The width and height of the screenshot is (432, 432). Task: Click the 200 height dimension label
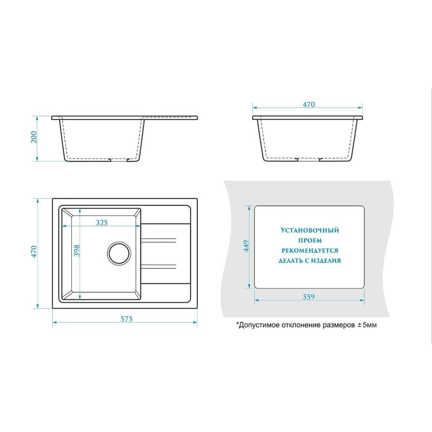click(34, 137)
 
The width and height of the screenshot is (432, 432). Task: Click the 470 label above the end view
click(308, 105)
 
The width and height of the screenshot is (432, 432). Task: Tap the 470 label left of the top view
click(34, 251)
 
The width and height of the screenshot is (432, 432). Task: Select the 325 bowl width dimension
click(102, 222)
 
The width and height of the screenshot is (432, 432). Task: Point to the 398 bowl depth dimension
click(76, 251)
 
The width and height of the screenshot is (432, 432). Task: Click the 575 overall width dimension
click(127, 319)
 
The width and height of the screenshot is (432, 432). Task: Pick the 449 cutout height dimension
click(246, 246)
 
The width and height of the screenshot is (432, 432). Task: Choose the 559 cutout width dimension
click(308, 297)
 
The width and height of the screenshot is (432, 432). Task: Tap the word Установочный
click(310, 230)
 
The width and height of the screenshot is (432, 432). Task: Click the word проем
click(310, 241)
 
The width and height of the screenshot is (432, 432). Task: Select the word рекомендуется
click(310, 251)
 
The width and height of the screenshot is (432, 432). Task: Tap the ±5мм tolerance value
click(367, 325)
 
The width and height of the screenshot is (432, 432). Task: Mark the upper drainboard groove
click(159, 240)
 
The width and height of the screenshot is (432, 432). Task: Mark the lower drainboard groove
click(159, 267)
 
